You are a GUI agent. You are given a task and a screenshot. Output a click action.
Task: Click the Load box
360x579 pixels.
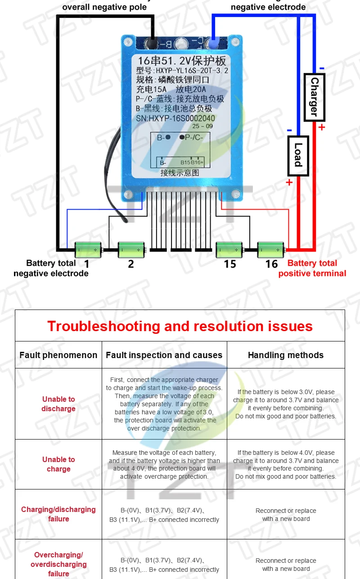coord(298,156)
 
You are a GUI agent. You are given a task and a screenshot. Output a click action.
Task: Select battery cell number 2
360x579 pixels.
coord(131,248)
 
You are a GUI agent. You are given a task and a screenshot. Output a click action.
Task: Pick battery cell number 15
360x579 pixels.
coord(229,248)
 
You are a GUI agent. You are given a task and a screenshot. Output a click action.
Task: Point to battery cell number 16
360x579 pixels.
coord(270,248)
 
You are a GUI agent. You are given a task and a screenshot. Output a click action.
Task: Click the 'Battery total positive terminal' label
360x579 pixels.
coord(312,268)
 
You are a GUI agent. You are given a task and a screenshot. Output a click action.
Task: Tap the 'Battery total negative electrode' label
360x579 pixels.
coord(51,268)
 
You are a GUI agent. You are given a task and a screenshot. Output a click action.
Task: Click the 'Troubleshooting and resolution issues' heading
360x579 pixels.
coord(180,326)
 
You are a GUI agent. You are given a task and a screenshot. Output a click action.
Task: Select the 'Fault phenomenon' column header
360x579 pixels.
coord(58,355)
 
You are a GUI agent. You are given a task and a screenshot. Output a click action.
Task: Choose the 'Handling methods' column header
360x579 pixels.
coord(286,355)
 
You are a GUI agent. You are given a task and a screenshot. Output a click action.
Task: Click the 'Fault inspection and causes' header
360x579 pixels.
coord(164,355)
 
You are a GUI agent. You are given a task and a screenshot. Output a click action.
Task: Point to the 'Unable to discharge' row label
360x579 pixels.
coord(58,404)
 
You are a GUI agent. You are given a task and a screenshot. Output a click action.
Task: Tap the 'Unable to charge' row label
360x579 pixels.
coord(58,464)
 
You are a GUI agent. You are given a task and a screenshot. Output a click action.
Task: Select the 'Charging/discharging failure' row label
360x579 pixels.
coord(58,514)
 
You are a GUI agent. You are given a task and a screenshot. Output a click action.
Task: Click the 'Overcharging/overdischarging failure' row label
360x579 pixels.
coord(58,564)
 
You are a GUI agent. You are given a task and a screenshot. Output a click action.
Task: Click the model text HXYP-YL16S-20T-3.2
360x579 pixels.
coord(192,71)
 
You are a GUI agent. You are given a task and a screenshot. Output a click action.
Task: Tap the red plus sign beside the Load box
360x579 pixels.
coord(289,182)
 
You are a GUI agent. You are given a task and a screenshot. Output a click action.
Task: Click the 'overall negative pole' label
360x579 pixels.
coord(104,7)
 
